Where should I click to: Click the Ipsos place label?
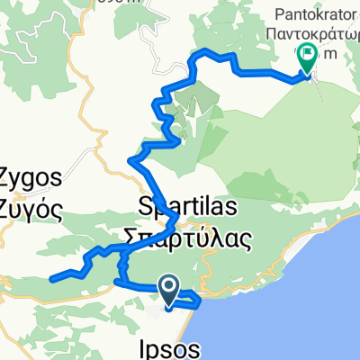171,346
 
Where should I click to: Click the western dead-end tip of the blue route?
51,277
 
